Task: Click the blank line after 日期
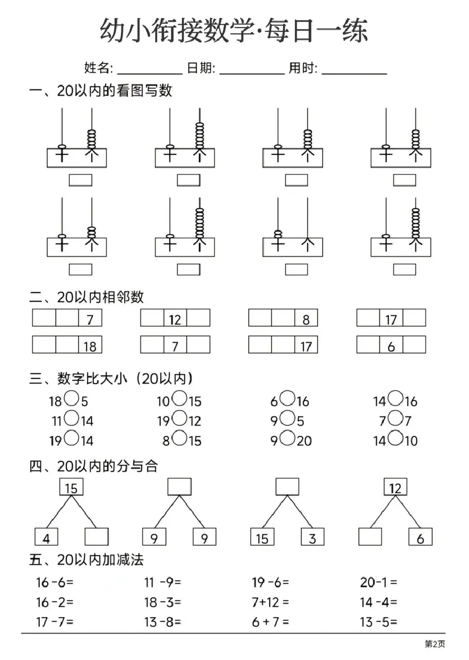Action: (252, 74)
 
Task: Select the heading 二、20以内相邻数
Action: (86, 297)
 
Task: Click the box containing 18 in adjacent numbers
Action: (90, 344)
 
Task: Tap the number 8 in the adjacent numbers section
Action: (306, 320)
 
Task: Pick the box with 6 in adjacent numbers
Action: (391, 344)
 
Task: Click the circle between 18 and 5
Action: (72, 398)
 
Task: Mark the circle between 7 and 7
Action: (395, 418)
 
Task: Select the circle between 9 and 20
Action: (288, 438)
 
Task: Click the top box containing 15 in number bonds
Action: (71, 487)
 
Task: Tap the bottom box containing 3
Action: (312, 537)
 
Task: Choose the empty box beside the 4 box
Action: (97, 537)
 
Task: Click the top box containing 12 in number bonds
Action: (395, 487)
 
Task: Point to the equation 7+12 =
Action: (270, 602)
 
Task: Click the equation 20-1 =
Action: (379, 582)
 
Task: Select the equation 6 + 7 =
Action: (270, 622)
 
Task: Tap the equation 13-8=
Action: (162, 622)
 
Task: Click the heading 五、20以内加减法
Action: (86, 560)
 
